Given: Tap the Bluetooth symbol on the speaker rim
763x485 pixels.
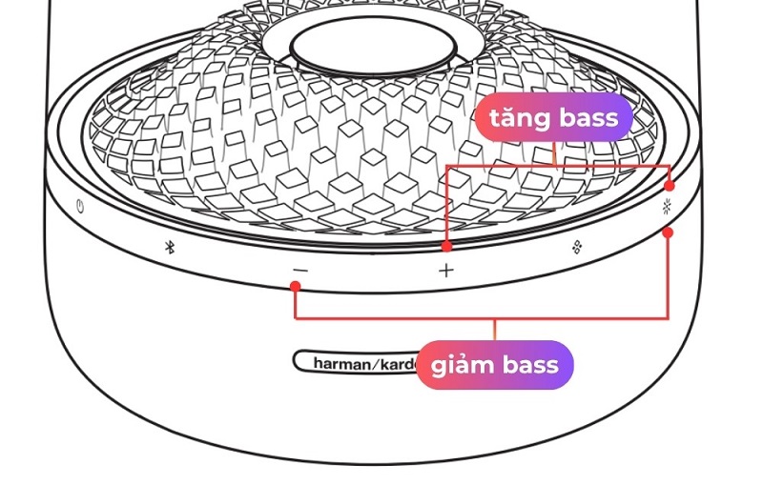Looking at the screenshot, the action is click(x=169, y=247).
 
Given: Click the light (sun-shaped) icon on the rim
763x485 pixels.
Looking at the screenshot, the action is click(x=669, y=209).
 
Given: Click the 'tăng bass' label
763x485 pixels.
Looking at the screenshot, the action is click(x=553, y=118).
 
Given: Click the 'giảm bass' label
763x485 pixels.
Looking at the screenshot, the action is click(x=494, y=365).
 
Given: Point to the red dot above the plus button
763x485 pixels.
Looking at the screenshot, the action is click(x=446, y=246).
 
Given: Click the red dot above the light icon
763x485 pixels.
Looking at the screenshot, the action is click(x=669, y=185).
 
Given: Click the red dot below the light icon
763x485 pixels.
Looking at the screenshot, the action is click(x=669, y=232).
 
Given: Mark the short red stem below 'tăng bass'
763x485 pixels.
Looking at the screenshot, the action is click(x=555, y=153).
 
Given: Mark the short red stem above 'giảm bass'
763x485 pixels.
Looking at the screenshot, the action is click(x=494, y=329).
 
